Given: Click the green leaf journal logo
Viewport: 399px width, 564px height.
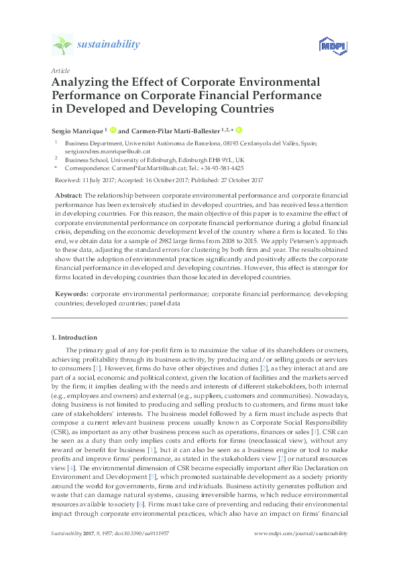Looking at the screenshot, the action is tap(62, 45).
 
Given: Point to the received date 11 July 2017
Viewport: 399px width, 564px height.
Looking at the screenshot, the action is tap(101, 180).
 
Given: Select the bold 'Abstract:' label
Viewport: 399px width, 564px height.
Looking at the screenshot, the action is tap(68, 194).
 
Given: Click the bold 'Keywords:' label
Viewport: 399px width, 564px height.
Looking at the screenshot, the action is tap(70, 293).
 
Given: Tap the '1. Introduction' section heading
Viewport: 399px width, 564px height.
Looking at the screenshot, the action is tap(74, 337).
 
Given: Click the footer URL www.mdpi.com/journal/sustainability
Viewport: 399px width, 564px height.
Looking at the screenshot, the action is tap(300, 551).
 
